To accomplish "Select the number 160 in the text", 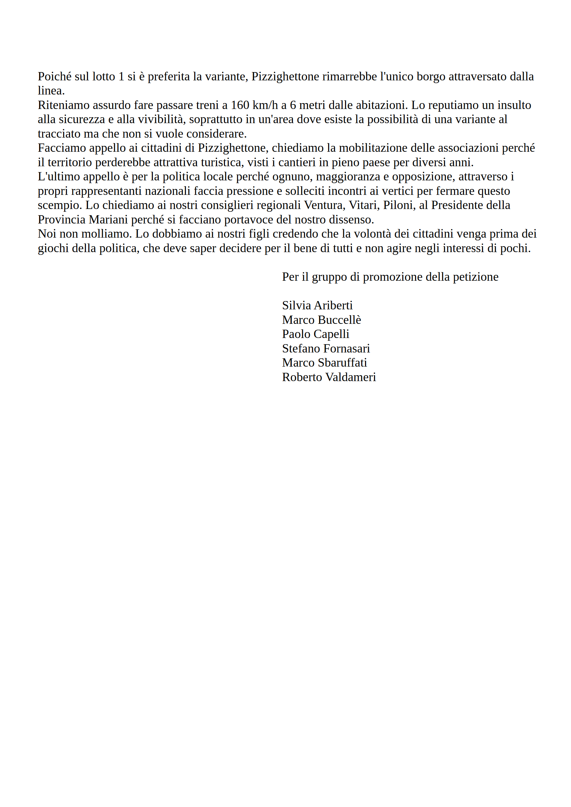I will click(x=240, y=105).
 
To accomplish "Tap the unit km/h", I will click(x=265, y=105).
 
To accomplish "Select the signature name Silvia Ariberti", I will click(x=317, y=306).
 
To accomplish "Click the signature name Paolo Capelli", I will click(x=315, y=334).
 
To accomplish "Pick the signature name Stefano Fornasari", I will click(x=326, y=348).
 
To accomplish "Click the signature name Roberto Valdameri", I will click(x=329, y=377).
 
